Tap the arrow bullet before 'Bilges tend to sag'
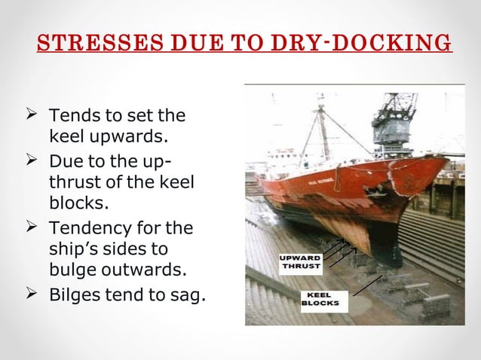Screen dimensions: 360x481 pyautogui.click(x=32, y=294)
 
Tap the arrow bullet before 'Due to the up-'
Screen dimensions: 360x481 pyautogui.click(x=32, y=160)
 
